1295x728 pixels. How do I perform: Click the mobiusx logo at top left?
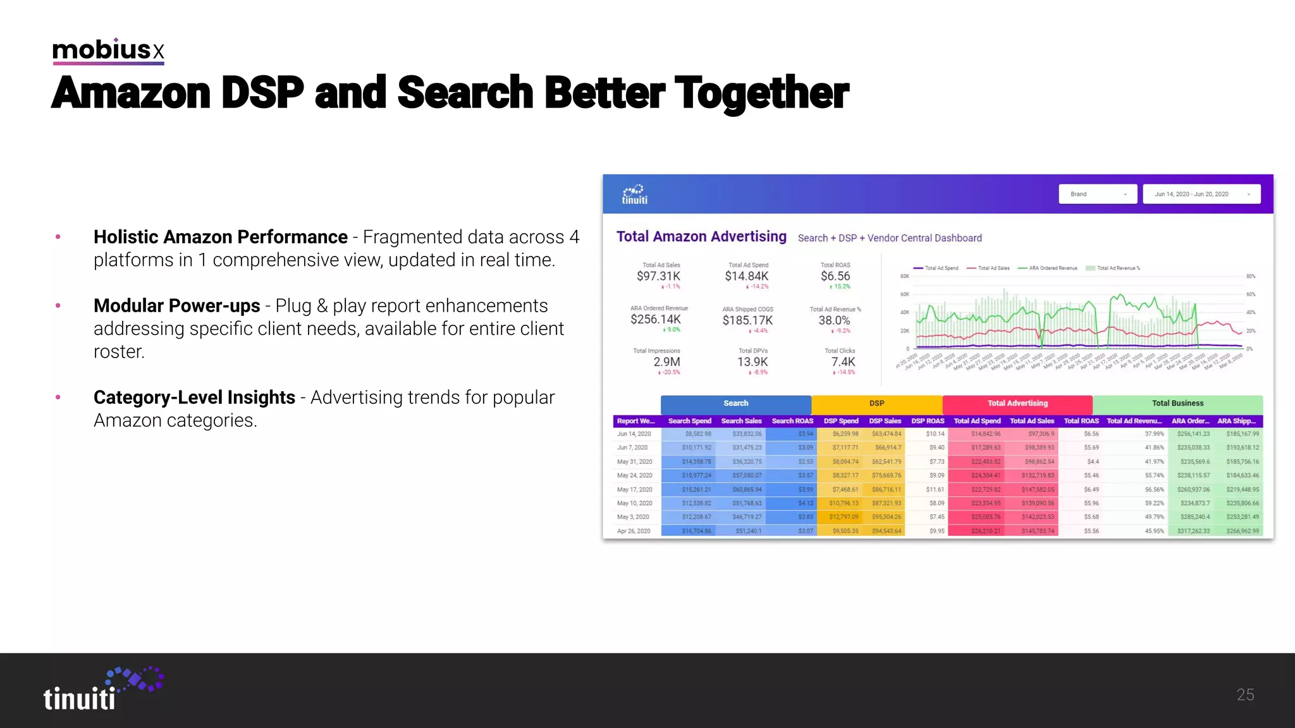(108, 50)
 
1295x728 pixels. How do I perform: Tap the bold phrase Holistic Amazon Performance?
(220, 237)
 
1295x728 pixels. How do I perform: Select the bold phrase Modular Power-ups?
(176, 306)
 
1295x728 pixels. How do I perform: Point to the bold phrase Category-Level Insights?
(194, 397)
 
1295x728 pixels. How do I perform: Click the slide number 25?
(1245, 695)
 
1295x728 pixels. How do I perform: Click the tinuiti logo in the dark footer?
(101, 690)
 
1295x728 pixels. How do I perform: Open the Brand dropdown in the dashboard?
(1097, 194)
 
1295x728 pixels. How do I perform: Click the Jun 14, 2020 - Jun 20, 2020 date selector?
(1201, 194)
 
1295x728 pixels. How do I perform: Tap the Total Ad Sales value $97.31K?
(658, 276)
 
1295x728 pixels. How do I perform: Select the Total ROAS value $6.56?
(835, 276)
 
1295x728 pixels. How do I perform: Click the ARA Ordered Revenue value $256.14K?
(656, 319)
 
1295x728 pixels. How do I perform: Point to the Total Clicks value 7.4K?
(843, 362)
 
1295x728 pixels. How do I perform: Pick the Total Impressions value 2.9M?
(666, 362)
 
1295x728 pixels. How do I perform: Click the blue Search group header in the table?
(735, 403)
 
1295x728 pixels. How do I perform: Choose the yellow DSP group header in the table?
(876, 403)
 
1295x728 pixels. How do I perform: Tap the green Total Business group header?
(1177, 403)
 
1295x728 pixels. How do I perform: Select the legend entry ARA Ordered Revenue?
(1052, 268)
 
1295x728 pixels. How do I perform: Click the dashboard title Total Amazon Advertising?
(701, 236)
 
